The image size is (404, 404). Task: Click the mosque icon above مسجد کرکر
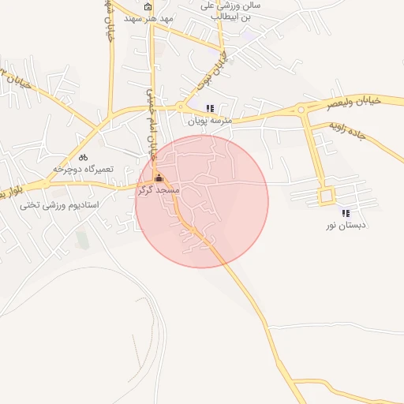point(159,178)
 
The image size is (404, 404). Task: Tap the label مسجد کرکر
point(159,190)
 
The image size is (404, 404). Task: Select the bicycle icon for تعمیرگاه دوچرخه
point(83,157)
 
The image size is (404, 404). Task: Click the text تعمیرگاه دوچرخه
point(79,169)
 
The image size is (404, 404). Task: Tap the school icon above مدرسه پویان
point(209,108)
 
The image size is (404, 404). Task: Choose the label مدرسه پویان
point(208,122)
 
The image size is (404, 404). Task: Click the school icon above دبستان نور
point(345,213)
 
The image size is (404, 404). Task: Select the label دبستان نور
point(343,226)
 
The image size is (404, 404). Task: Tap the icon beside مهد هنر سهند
point(148,8)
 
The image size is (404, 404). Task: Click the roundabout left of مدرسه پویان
point(181,107)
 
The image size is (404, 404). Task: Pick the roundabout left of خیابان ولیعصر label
point(301,110)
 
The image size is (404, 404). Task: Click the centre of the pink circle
point(202,201)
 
